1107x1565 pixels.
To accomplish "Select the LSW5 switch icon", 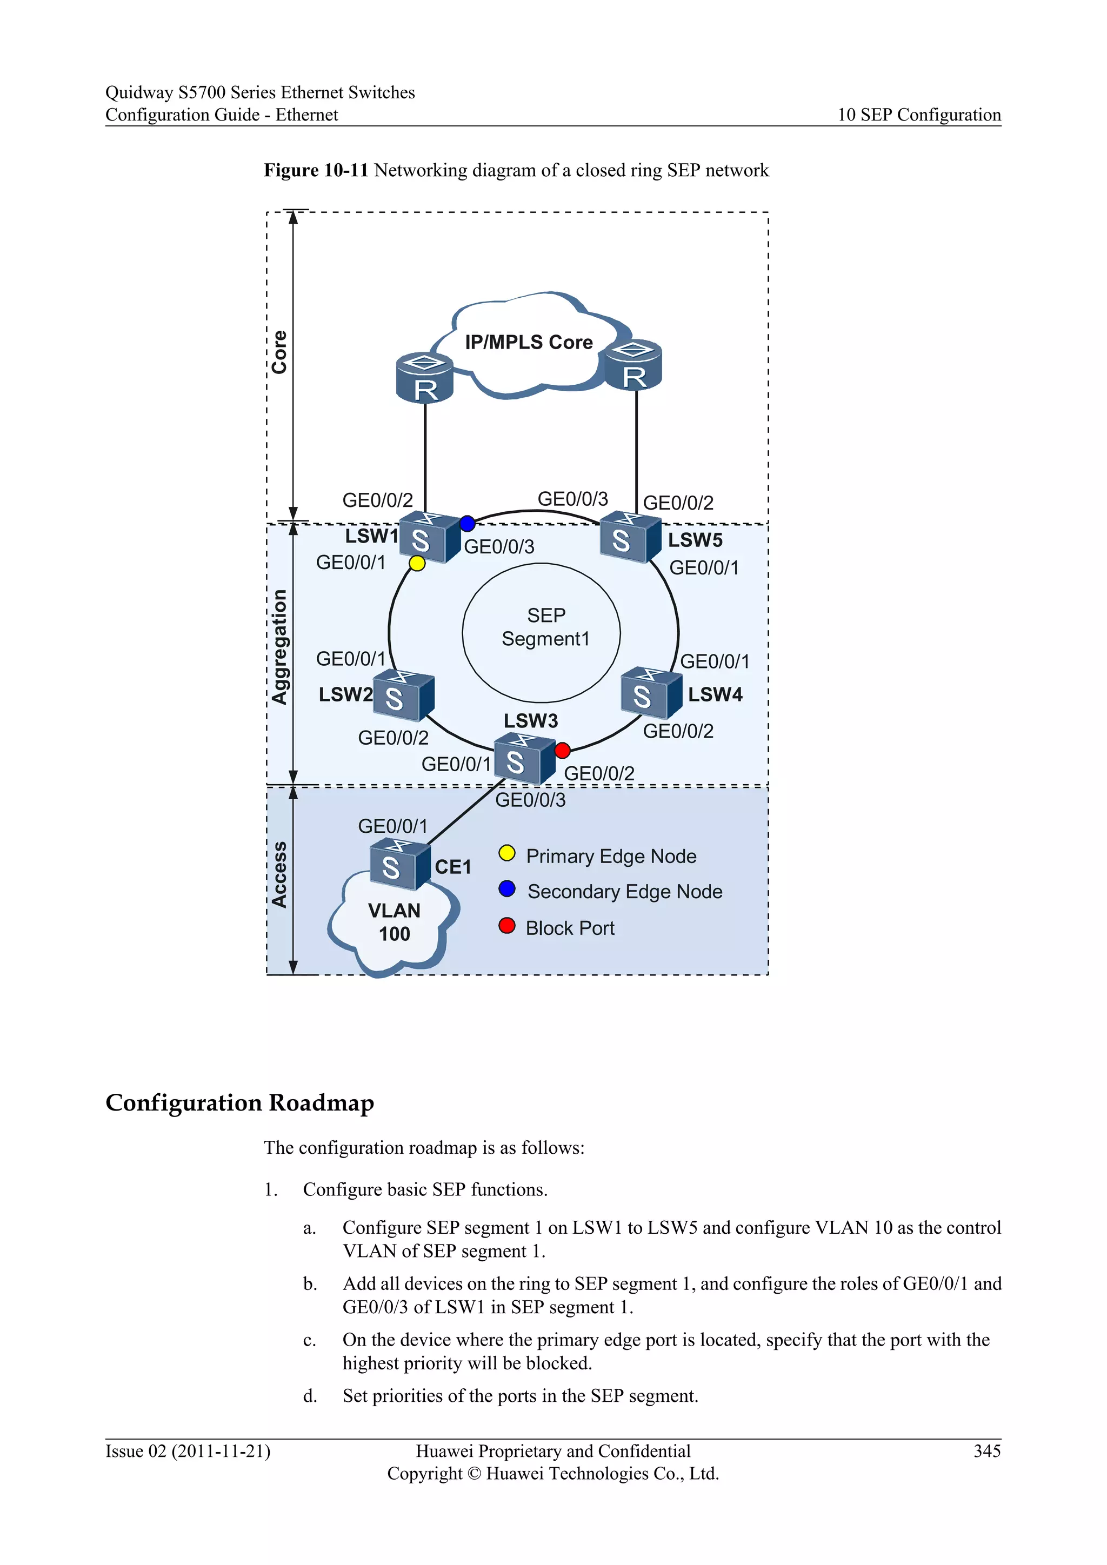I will click(629, 538).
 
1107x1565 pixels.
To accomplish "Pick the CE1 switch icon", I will click(399, 865).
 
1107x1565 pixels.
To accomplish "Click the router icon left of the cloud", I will click(425, 378).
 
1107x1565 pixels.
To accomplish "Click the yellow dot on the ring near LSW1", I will click(417, 563).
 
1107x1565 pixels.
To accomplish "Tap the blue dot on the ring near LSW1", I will click(467, 524).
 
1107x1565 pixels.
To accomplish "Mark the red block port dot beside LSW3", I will click(562, 751).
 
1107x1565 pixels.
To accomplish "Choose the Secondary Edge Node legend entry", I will click(624, 892).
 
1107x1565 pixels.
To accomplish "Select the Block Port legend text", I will click(570, 928).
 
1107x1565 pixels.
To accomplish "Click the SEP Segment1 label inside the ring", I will click(545, 627).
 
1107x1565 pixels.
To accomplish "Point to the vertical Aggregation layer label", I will click(279, 646).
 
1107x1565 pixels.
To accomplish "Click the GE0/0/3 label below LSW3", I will click(530, 800).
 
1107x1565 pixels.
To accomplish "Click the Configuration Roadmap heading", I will click(240, 1102).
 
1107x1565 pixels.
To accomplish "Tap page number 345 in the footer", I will click(986, 1450).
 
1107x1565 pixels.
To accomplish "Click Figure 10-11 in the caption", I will click(316, 170).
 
